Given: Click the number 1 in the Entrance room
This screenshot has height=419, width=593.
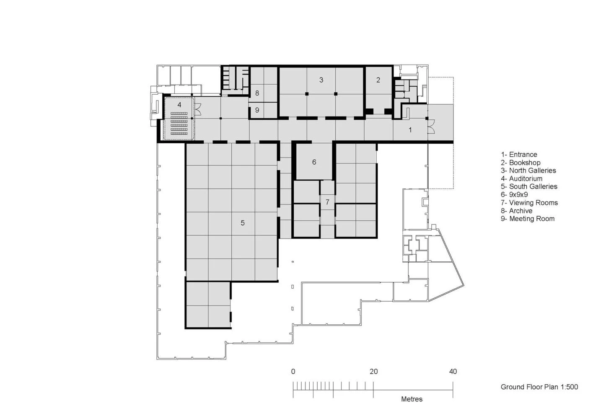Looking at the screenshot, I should point(410,130).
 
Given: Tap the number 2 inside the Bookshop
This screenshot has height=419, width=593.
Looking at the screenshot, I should point(378,80).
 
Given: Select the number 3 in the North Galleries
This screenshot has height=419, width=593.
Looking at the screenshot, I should point(321,80).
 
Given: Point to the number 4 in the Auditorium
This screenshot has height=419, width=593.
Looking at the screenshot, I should point(179,104).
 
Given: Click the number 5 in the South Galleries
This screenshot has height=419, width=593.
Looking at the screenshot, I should point(243,223).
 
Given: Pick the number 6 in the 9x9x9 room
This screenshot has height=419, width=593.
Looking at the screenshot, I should point(314,162).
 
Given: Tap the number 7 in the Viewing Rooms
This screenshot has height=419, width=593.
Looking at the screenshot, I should point(327,202).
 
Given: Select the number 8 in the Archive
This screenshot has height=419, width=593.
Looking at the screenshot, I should point(257,93).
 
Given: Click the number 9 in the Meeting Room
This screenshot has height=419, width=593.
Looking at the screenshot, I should point(257,110).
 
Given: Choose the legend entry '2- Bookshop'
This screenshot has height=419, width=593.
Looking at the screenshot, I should point(520,163).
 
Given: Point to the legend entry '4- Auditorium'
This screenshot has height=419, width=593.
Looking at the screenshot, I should point(521,178).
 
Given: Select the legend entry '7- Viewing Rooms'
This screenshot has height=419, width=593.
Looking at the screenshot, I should point(529,203).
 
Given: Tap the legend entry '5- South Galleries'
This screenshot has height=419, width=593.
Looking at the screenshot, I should point(529,186).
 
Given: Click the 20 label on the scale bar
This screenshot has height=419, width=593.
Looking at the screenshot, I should point(373,372).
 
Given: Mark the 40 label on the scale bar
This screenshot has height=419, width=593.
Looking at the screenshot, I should point(453,372).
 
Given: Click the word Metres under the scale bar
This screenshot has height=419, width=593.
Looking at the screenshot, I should point(412,399).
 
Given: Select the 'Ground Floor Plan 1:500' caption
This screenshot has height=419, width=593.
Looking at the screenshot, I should point(539,387).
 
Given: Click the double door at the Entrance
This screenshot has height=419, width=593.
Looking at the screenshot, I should point(430,126).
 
